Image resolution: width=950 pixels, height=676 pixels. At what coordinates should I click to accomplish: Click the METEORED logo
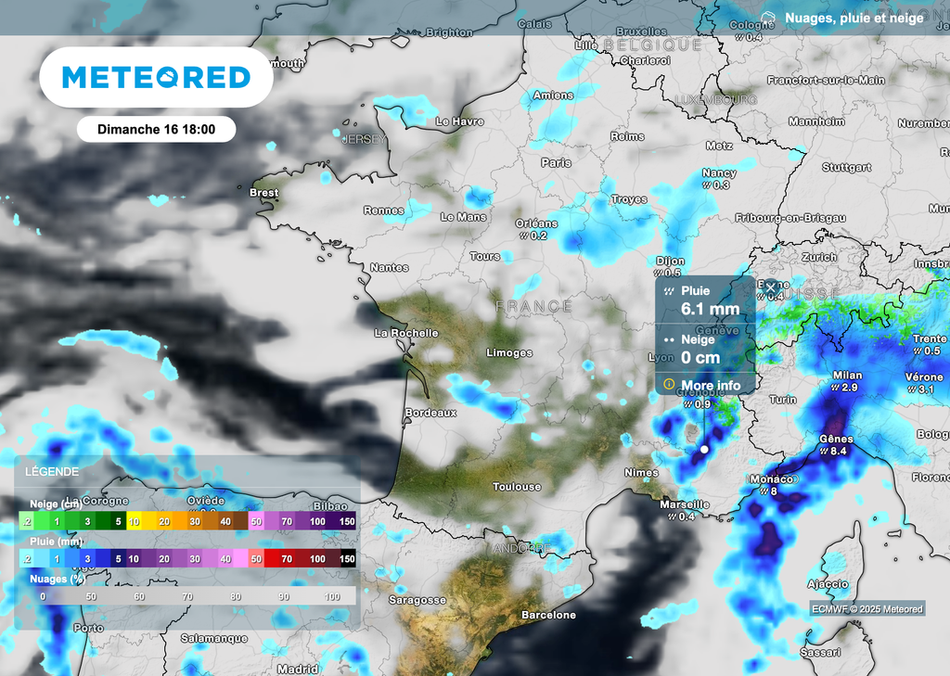156,78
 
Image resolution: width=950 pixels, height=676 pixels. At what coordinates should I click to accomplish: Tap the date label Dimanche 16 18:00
156,129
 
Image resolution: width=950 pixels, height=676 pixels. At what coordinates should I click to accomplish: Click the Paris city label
557,162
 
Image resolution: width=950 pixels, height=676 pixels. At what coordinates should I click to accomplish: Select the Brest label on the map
263,193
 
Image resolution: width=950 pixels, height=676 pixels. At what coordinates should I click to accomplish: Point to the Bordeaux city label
431,413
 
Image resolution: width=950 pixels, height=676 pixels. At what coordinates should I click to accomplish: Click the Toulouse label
517,487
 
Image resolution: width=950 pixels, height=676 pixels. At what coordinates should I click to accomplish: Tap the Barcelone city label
548,615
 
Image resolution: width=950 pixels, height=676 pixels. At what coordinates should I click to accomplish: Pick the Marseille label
685,504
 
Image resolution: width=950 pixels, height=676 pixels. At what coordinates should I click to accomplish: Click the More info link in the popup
710,385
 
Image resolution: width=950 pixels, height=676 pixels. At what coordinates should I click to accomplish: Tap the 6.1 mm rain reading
710,309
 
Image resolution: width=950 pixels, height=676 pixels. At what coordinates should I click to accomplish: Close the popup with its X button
770,287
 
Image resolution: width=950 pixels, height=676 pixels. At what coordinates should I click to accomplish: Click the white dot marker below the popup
704,450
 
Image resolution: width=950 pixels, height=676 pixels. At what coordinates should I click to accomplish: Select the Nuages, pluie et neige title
854,18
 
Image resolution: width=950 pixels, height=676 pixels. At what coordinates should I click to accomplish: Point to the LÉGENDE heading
52,472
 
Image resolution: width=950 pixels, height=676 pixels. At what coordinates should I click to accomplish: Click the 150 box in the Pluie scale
347,559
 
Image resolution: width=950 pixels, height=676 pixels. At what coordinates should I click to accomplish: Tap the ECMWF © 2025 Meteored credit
867,609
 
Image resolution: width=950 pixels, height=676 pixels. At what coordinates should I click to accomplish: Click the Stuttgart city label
847,168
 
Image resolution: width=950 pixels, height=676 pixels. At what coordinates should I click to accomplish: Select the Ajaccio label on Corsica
828,584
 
